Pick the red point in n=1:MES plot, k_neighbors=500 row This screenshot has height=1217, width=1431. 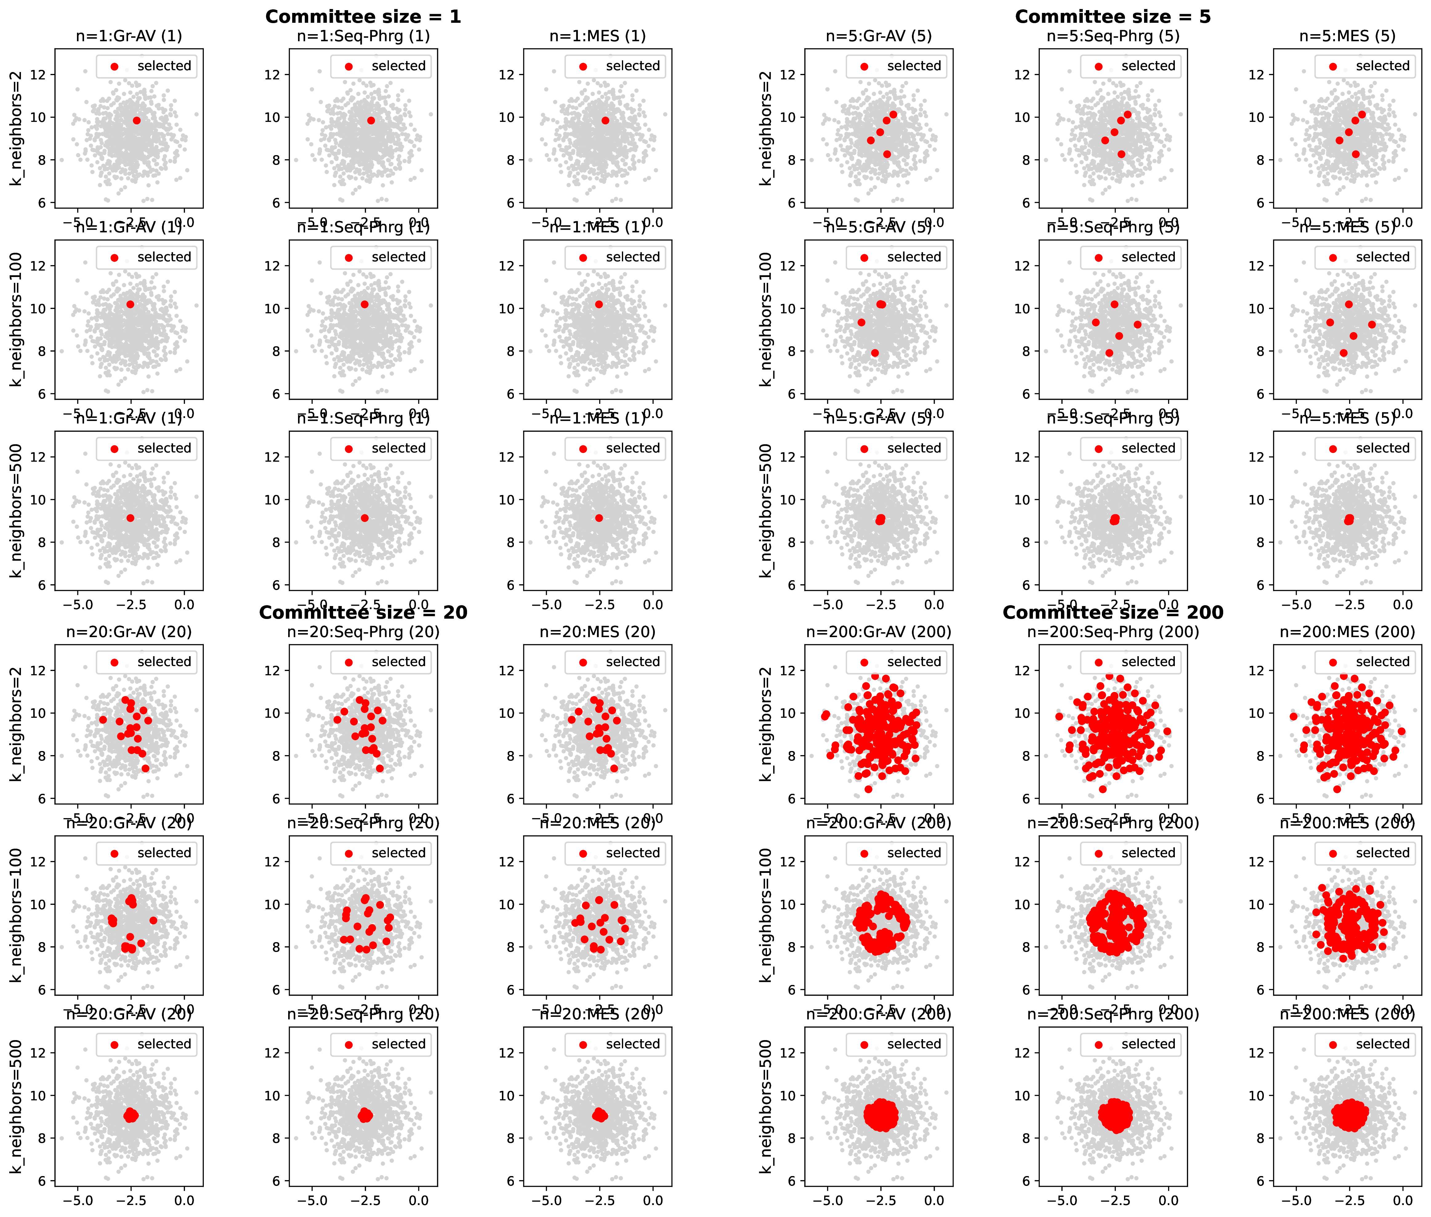tap(599, 518)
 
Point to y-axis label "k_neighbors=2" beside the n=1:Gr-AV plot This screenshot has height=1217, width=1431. tap(17, 128)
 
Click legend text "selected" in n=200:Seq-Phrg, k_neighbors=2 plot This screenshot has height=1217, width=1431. tap(1148, 662)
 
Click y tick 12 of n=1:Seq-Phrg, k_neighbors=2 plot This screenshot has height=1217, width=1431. tap(272, 74)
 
